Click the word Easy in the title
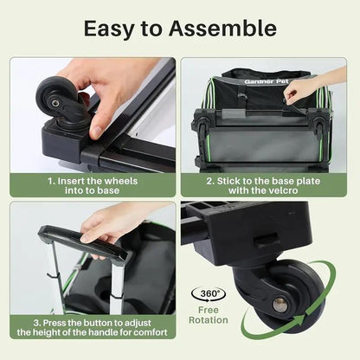tap(109, 28)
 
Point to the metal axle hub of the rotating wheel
tap(280, 304)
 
